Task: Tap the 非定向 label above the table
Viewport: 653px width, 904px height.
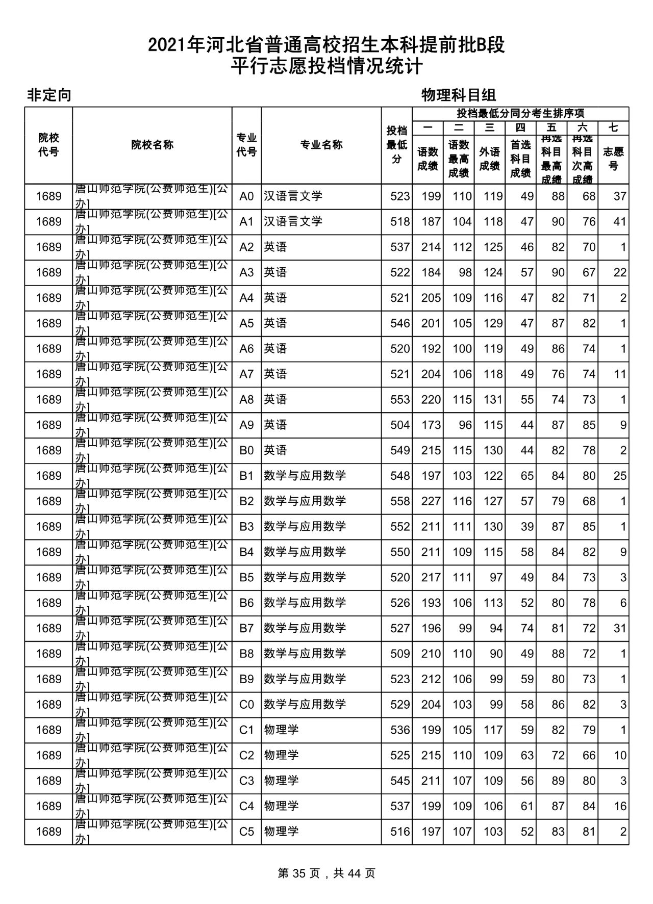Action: [49, 95]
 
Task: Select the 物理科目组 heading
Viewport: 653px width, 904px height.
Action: [459, 95]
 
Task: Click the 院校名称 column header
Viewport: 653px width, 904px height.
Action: [152, 145]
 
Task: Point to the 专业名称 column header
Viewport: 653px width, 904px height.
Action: [321, 145]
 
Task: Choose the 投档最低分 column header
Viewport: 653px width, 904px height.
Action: [396, 145]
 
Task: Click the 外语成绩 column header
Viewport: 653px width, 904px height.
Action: [489, 159]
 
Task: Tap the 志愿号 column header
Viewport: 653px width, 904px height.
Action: [613, 159]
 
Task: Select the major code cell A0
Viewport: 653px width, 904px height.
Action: [246, 196]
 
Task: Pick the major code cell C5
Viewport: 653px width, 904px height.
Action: [246, 832]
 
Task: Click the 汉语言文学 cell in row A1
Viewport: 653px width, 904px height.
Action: [293, 222]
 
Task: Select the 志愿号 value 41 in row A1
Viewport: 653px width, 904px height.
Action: [619, 222]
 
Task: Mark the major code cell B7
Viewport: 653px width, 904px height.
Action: [246, 628]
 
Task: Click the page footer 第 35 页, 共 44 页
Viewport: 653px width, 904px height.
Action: [326, 873]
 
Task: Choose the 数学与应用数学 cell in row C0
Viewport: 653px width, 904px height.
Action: [305, 705]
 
